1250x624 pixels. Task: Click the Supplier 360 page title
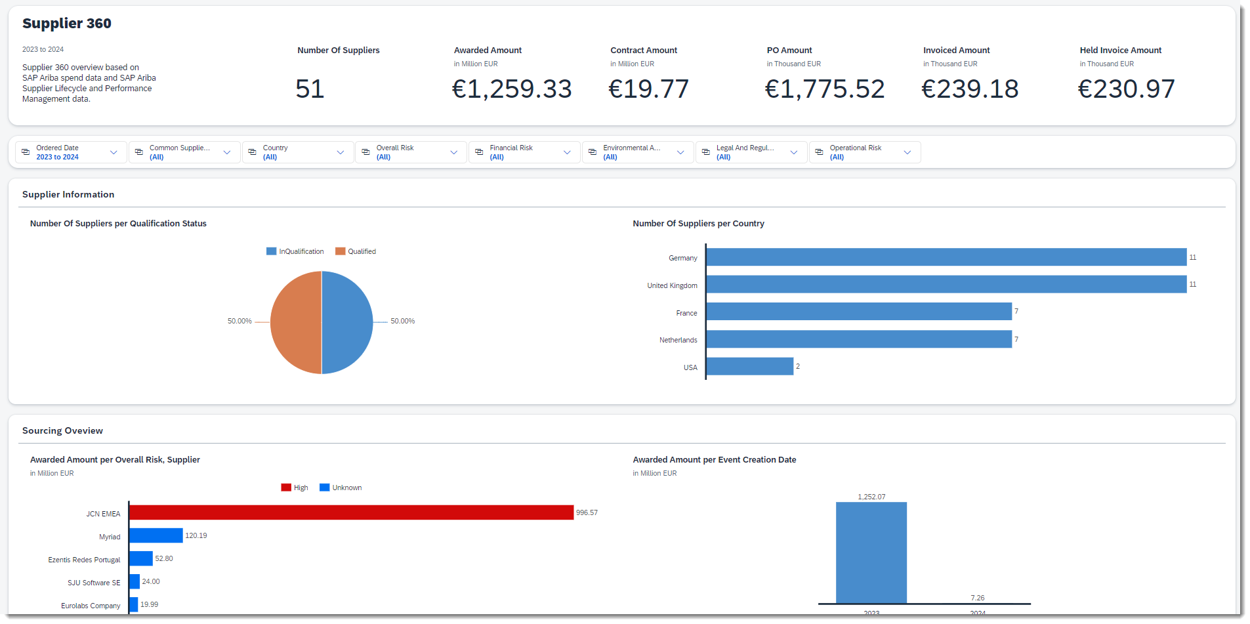click(67, 24)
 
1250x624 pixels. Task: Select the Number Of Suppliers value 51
click(310, 89)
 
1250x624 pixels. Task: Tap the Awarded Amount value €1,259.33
click(512, 89)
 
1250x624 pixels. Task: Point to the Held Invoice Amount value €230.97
click(1126, 89)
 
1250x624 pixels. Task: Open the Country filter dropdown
click(298, 152)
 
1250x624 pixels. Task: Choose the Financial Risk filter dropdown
click(524, 152)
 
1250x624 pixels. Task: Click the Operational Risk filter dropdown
click(864, 152)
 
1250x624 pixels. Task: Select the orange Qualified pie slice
click(295, 323)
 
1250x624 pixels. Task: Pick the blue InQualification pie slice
click(348, 323)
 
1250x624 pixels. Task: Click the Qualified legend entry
click(356, 252)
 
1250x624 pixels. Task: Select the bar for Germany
click(946, 257)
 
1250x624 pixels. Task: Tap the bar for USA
click(749, 366)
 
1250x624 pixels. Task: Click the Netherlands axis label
click(678, 341)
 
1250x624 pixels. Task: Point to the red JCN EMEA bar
click(351, 512)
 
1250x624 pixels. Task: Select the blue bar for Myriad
click(156, 535)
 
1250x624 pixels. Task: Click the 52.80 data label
click(164, 559)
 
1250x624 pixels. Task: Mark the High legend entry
click(295, 488)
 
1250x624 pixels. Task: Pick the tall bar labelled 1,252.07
click(871, 552)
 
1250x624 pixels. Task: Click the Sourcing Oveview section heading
click(62, 431)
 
